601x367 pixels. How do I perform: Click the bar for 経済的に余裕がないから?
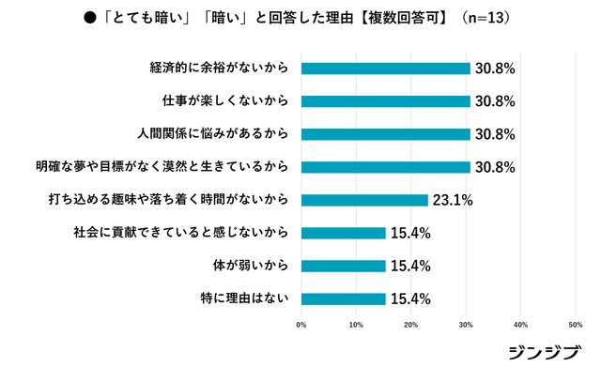tap(385, 69)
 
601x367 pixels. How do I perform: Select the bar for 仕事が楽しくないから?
tap(385, 101)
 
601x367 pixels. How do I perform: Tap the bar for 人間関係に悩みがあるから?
tap(385, 134)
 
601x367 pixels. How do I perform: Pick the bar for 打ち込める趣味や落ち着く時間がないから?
tap(364, 200)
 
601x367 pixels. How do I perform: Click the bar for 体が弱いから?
tap(343, 266)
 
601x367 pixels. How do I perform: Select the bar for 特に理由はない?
tap(343, 298)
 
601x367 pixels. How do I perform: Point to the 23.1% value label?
tap(451, 200)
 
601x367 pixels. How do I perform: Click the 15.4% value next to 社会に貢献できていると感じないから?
tap(409, 233)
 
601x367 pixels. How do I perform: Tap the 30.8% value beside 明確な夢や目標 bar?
tap(494, 167)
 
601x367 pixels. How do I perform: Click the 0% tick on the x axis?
tap(301, 325)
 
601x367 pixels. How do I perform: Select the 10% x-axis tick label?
tap(356, 325)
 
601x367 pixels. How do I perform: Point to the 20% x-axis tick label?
tap(411, 325)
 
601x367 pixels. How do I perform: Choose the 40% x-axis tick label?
tap(521, 325)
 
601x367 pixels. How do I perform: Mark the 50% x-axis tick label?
tap(576, 325)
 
